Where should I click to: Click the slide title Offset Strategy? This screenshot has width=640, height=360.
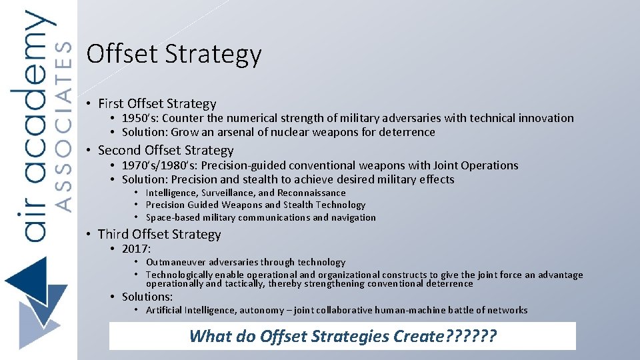pos(174,55)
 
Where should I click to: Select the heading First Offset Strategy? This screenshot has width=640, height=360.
pos(157,103)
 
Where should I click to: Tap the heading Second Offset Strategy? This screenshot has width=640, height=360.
pos(165,150)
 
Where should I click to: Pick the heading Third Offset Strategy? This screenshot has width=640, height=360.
pos(159,234)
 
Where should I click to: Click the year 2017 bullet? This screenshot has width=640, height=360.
pos(136,249)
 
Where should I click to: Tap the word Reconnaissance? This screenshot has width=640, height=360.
pos(311,193)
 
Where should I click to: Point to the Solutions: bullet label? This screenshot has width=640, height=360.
pos(147,297)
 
